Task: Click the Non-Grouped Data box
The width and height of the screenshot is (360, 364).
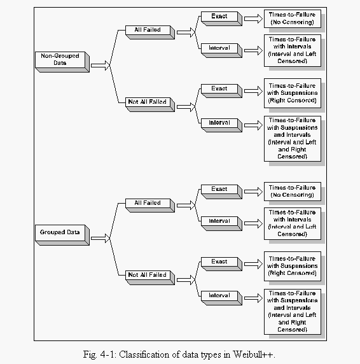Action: click(x=62, y=62)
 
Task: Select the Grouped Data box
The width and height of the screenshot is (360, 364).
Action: click(x=62, y=235)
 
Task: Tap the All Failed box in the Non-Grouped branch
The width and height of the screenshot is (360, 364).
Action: click(x=150, y=32)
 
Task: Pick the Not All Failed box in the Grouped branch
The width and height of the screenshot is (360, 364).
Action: click(x=150, y=277)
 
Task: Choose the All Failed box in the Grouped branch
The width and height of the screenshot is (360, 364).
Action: click(x=150, y=206)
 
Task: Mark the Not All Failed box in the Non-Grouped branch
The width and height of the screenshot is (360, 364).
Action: click(x=150, y=104)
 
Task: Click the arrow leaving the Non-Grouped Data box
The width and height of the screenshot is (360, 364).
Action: click(x=100, y=66)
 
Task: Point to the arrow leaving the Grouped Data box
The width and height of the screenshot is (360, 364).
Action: click(x=100, y=238)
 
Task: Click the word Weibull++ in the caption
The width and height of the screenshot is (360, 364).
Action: click(x=254, y=354)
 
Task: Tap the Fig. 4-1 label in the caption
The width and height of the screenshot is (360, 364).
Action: click(x=100, y=354)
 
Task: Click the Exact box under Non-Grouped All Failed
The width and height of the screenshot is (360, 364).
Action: click(x=221, y=18)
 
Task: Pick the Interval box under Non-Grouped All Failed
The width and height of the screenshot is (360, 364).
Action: click(x=221, y=50)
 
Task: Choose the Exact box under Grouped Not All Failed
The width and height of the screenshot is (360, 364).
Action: click(x=221, y=264)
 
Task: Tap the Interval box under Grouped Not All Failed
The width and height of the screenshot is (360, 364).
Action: click(x=221, y=298)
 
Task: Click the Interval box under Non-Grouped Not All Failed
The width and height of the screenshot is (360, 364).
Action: click(x=221, y=125)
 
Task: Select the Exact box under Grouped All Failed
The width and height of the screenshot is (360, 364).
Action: click(x=221, y=192)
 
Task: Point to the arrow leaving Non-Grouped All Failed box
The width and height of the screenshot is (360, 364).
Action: click(x=186, y=32)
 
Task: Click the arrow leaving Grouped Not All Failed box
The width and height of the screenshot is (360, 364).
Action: click(x=186, y=280)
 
